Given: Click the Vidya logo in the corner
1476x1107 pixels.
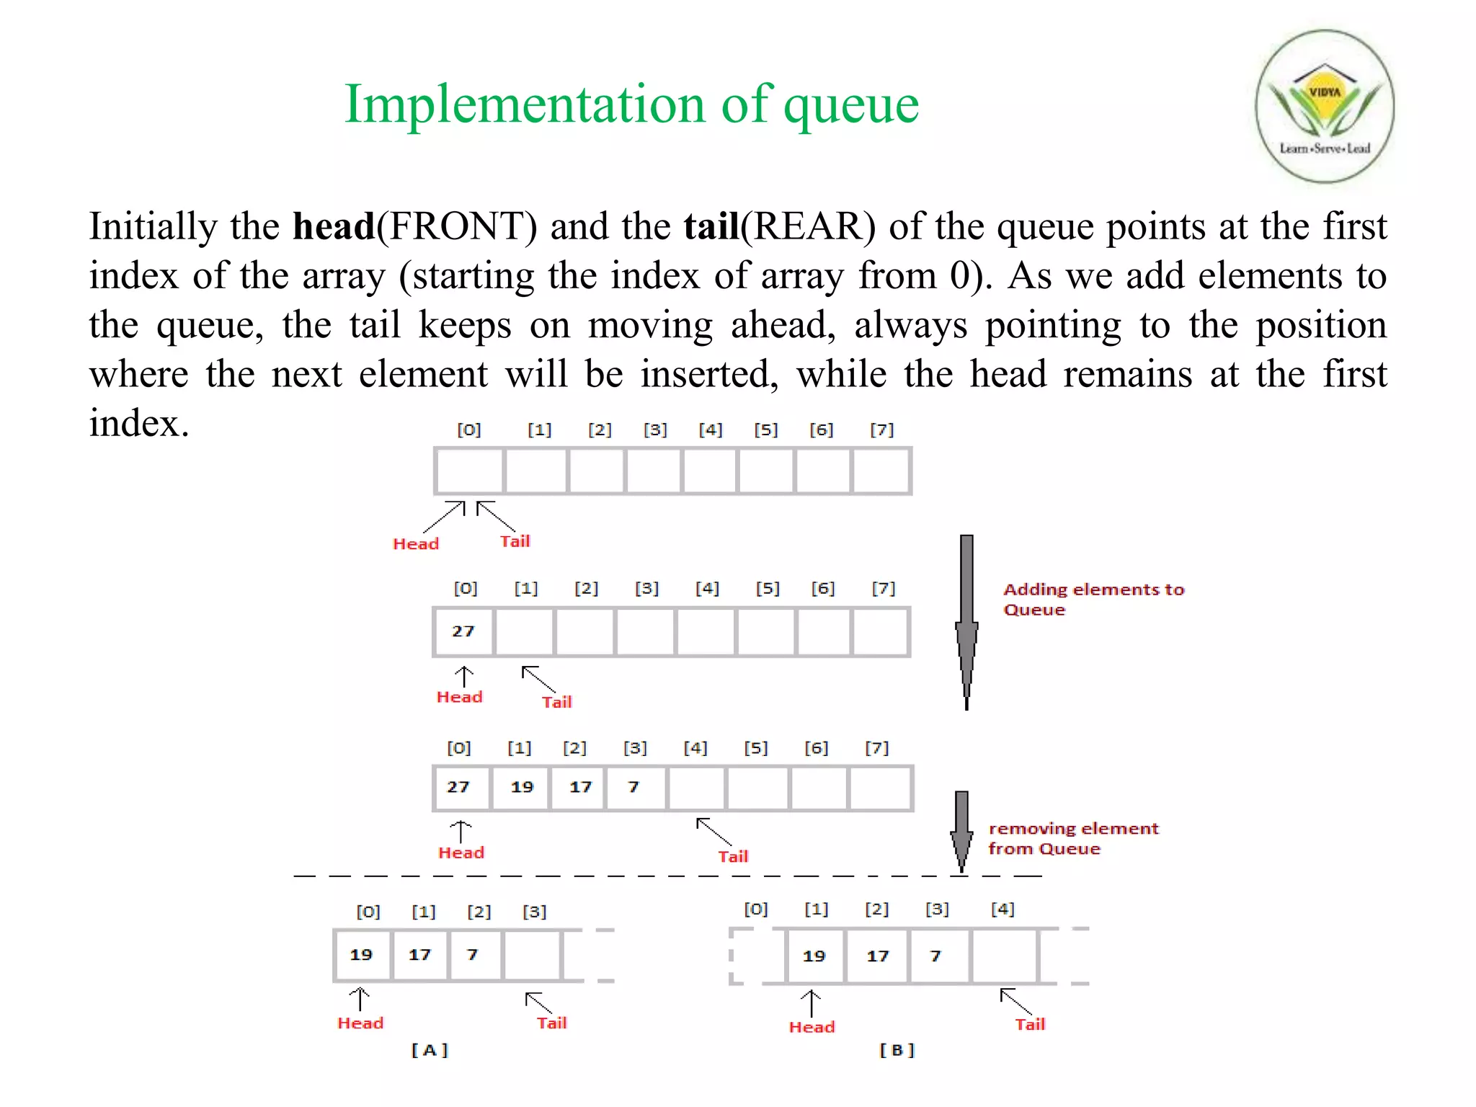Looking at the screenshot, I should [1325, 107].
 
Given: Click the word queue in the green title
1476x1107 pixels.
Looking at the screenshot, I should [851, 105].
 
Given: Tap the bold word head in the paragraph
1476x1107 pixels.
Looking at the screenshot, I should [334, 226].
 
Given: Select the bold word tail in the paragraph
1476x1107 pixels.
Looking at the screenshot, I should [711, 226].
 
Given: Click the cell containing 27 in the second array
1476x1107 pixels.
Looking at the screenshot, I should [463, 632].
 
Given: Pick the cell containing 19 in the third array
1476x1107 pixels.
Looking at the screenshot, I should [521, 788].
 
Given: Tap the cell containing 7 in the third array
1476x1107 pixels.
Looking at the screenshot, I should [635, 788].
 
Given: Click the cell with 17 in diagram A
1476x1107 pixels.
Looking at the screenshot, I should [419, 956].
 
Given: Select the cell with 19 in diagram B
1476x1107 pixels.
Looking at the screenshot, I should [814, 957].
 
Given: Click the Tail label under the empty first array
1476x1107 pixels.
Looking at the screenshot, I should [515, 541].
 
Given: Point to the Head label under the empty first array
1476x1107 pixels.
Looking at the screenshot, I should [416, 544].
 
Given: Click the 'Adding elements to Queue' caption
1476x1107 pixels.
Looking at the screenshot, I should [1093, 600].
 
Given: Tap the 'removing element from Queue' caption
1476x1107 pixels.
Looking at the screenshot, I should [1072, 839].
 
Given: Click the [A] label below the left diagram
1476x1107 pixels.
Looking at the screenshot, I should [430, 1050].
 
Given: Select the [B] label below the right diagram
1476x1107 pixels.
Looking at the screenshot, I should [897, 1050].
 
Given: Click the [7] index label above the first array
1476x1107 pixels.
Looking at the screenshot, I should [881, 430].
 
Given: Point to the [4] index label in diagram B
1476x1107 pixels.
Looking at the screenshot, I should [1002, 910].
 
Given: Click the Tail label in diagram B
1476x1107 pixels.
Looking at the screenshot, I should [1030, 1025].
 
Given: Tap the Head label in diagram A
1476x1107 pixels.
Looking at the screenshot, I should [360, 1023].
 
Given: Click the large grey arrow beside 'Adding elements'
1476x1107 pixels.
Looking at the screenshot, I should [966, 621].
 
